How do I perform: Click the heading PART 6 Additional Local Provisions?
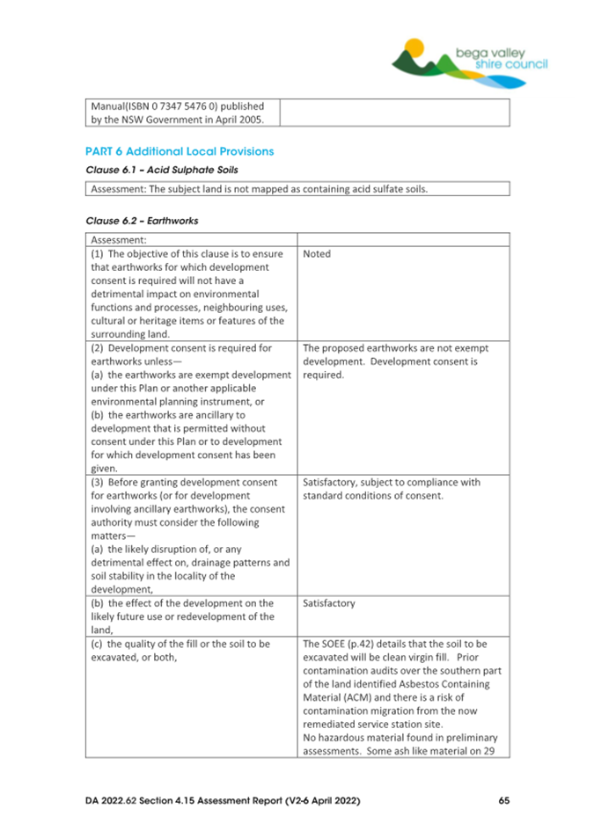(x=180, y=151)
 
